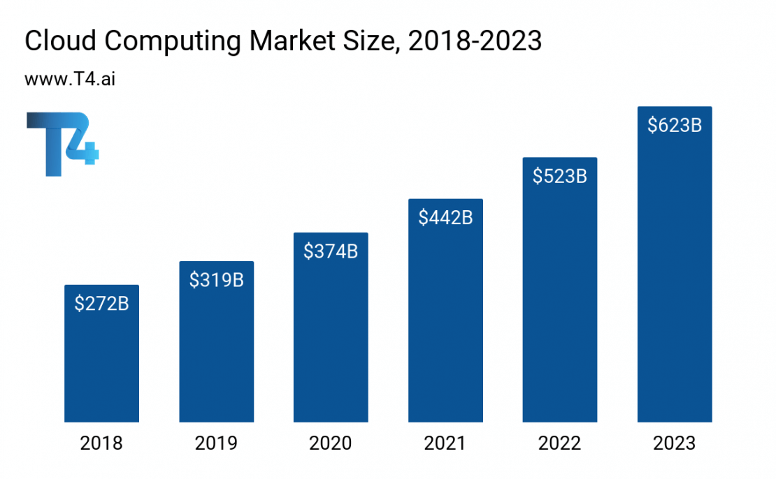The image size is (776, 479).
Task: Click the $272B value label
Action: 101,304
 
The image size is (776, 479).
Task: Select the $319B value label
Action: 216,280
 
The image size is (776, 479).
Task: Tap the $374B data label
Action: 331,251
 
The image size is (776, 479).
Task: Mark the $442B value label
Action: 445,218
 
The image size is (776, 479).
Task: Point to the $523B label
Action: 560,176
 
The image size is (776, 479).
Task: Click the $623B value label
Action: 675,126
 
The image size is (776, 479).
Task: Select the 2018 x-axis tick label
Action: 101,443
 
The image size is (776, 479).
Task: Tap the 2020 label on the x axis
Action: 331,443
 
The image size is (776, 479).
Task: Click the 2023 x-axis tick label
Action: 675,443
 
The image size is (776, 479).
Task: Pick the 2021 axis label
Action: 445,443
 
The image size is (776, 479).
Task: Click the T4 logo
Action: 62,144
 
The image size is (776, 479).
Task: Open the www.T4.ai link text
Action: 70,79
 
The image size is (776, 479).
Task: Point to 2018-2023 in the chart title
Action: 475,42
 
